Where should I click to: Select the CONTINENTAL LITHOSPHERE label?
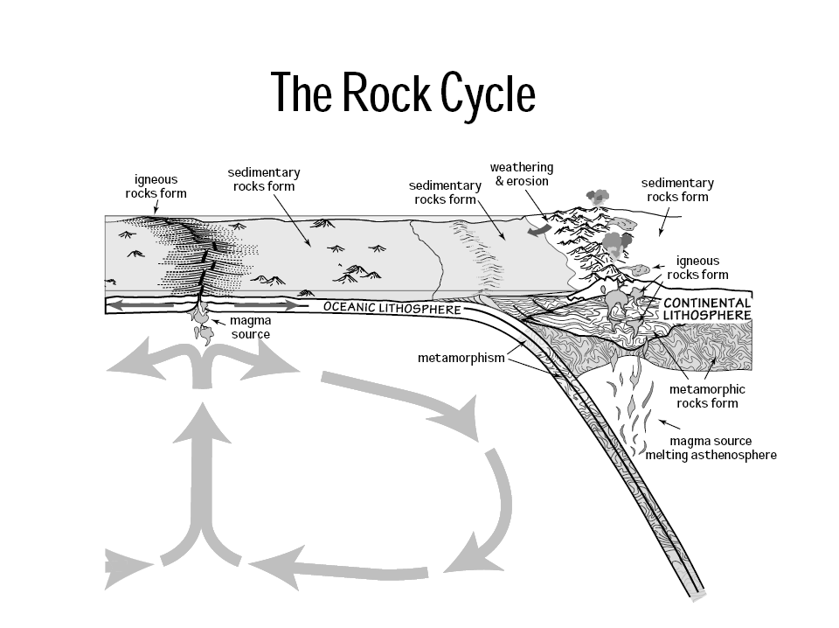pos(707,308)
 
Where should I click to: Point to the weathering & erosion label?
pos(521,173)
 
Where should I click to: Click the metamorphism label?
pos(461,358)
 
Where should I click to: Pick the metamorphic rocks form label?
pos(707,395)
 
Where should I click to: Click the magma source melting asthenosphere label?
pos(711,448)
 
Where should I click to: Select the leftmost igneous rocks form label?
pos(156,185)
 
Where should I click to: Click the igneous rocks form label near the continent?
pos(697,268)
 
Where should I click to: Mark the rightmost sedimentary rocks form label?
pos(677,189)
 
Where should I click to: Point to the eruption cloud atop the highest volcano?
pos(598,197)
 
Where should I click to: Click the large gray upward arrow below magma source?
pos(202,472)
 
